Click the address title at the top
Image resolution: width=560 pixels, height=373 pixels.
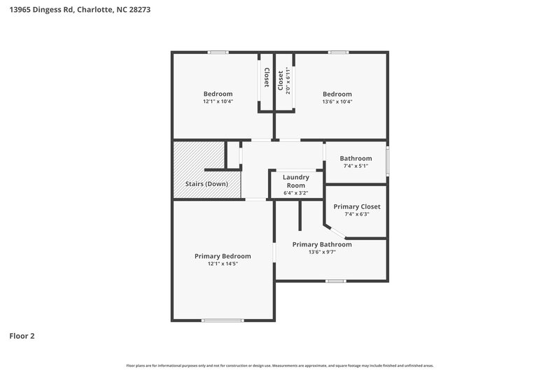pyautogui.click(x=79, y=10)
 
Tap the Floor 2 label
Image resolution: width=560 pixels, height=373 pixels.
pyautogui.click(x=22, y=336)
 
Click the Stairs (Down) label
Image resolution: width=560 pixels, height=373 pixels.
pyautogui.click(x=206, y=184)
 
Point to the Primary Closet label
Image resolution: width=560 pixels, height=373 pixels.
pyautogui.click(x=357, y=206)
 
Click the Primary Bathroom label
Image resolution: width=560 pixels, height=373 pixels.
pyautogui.click(x=322, y=244)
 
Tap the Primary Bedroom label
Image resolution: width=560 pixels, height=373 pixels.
pyautogui.click(x=223, y=256)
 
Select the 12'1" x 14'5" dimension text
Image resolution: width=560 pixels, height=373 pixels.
pyautogui.click(x=223, y=265)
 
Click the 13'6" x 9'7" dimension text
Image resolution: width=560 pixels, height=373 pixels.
pyautogui.click(x=322, y=252)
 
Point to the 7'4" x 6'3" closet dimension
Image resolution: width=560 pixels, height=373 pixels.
pyautogui.click(x=357, y=214)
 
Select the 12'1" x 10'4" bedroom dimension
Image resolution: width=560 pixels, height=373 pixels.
pyautogui.click(x=218, y=101)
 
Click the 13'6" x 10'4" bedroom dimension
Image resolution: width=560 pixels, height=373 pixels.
pyautogui.click(x=337, y=101)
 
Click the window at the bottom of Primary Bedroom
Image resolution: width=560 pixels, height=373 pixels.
pyautogui.click(x=218, y=321)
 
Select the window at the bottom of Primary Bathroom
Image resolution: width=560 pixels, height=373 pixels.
pyautogui.click(x=335, y=281)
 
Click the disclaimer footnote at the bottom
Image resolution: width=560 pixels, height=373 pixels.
pyautogui.click(x=280, y=365)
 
